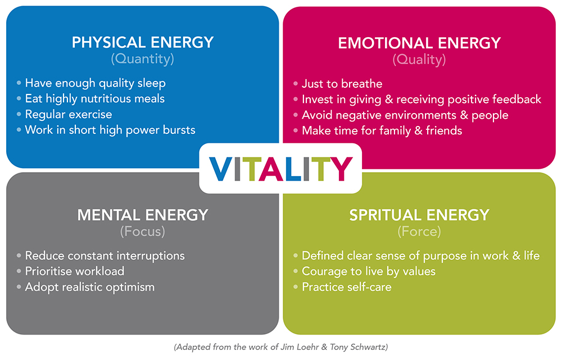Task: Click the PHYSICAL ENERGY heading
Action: pyautogui.click(x=143, y=42)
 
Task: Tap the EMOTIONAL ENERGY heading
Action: pyautogui.click(x=419, y=43)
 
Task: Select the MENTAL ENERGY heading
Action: pyautogui.click(x=143, y=215)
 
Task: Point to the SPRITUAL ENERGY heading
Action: pyautogui.click(x=419, y=215)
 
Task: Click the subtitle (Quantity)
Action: pyautogui.click(x=143, y=59)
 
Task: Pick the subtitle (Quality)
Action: pyautogui.click(x=419, y=60)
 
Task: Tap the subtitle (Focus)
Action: pyautogui.click(x=143, y=232)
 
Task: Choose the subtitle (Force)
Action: pyautogui.click(x=419, y=232)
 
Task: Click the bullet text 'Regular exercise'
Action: pyautogui.click(x=69, y=114)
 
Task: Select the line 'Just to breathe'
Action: pyautogui.click(x=342, y=84)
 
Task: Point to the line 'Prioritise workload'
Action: pyautogui.click(x=75, y=271)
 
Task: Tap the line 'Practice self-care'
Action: pyautogui.click(x=347, y=287)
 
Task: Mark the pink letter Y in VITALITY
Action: pyautogui.click(x=341, y=169)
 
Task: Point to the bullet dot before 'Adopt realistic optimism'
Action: pyautogui.click(x=19, y=287)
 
